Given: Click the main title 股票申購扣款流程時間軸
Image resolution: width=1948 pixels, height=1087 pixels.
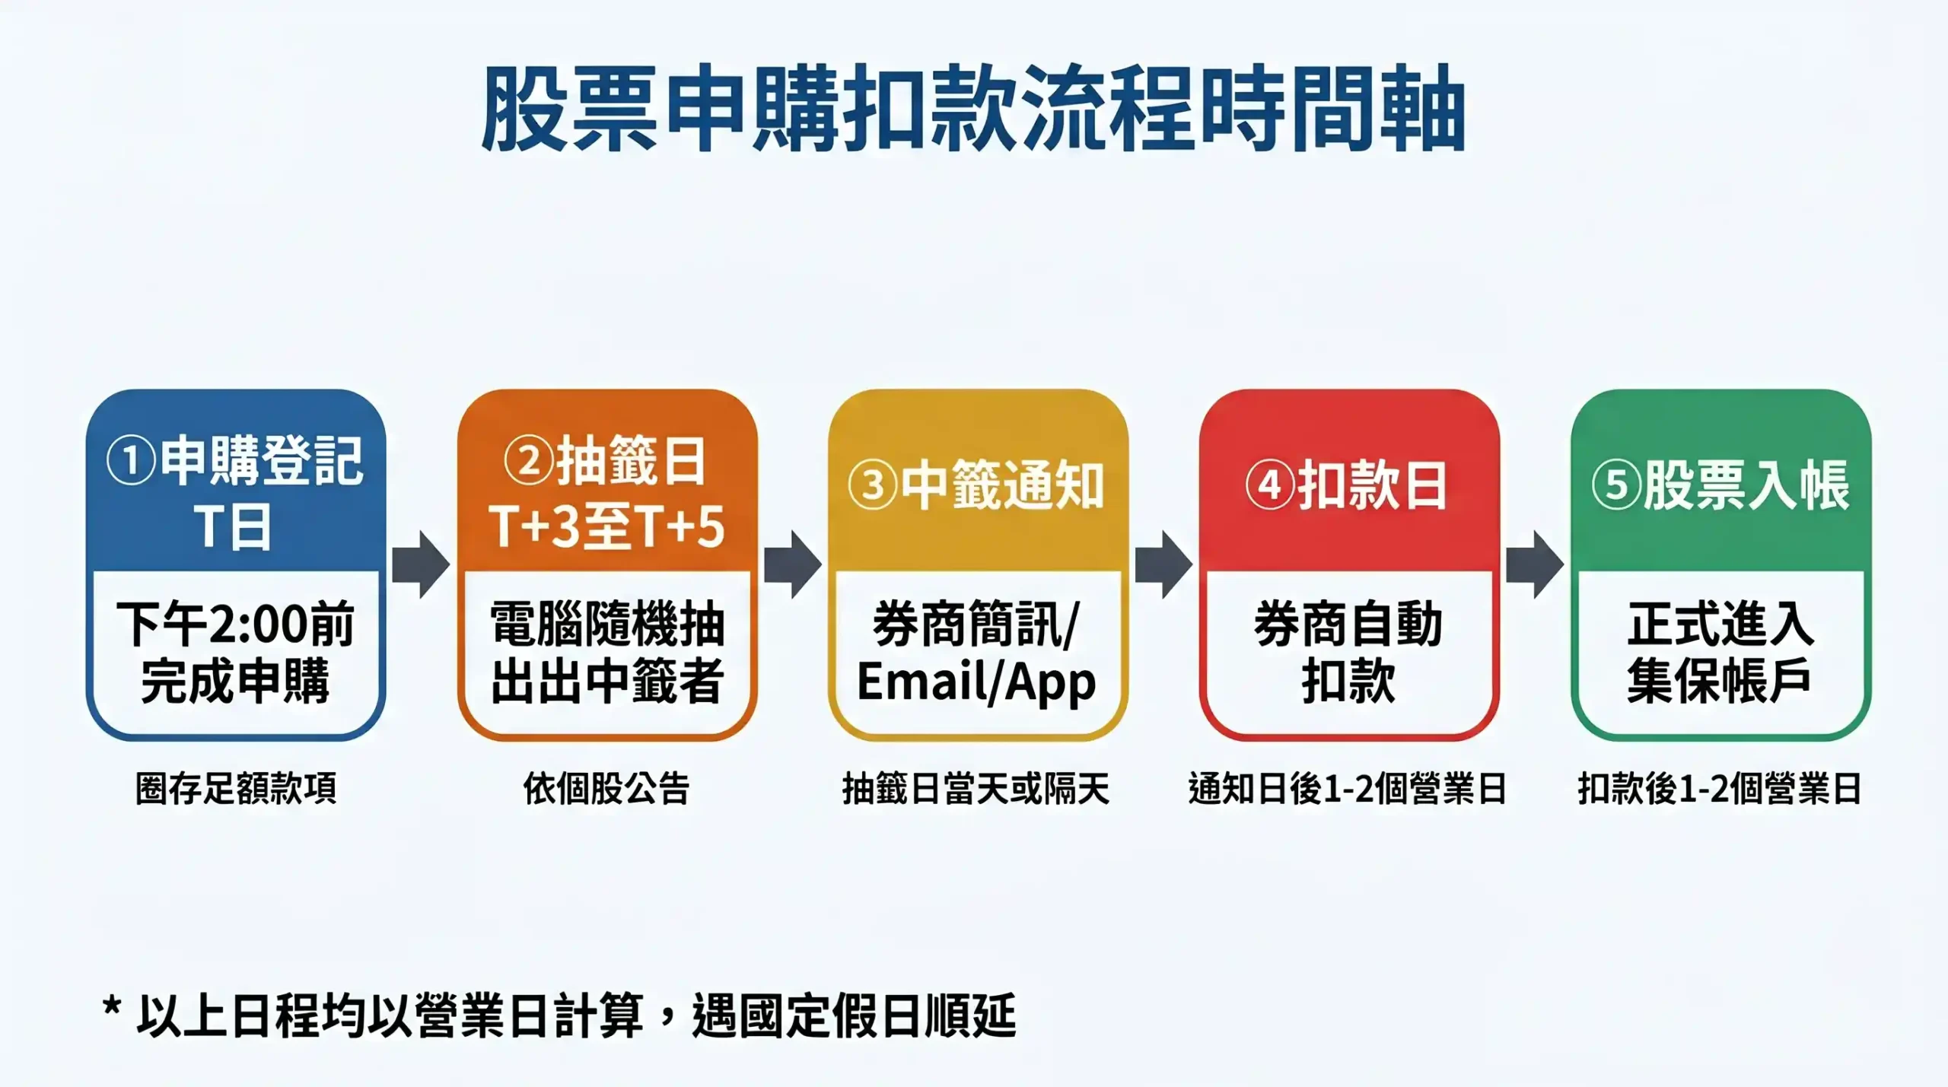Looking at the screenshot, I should click(973, 109).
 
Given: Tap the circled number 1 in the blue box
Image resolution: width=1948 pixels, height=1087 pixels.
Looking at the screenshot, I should click(131, 461).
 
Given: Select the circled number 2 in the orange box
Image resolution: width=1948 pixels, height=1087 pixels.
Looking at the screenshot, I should click(529, 461).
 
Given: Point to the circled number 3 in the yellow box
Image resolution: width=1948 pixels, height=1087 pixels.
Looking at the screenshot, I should click(873, 485).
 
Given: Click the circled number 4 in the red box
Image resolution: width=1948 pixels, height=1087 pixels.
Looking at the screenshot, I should click(1270, 485).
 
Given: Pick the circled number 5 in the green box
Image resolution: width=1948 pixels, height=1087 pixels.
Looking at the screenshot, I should click(1616, 485).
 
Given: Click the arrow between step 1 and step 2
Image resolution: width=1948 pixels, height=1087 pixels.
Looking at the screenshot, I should click(421, 564).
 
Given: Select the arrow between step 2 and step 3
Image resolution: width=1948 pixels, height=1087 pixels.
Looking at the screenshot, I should click(792, 564).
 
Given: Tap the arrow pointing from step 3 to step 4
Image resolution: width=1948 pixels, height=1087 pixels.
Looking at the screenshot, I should click(1163, 564).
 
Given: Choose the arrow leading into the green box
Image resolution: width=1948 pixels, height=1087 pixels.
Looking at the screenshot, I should click(1535, 564).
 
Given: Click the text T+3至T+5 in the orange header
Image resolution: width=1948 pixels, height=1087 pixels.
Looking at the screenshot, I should click(606, 526).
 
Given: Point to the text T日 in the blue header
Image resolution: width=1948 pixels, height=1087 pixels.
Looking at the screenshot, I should click(233, 526).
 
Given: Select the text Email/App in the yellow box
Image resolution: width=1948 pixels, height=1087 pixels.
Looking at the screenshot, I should click(976, 682).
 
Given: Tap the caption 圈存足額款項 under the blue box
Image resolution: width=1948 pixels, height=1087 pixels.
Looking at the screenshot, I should click(236, 788).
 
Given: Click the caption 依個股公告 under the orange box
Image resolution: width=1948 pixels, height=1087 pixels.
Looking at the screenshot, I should click(606, 788).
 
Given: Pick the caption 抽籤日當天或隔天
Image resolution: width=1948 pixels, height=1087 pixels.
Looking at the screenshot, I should click(976, 788).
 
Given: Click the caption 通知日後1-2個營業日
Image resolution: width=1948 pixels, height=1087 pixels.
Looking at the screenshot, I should click(1347, 788).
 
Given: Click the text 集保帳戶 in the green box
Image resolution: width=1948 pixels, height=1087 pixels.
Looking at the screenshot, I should click(1719, 682).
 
